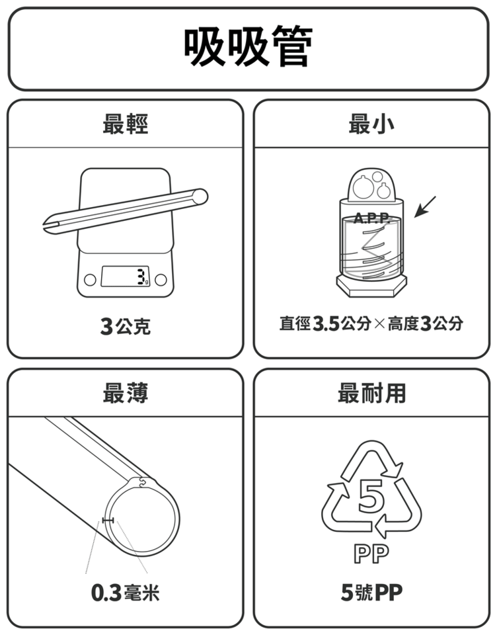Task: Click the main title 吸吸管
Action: tap(248, 46)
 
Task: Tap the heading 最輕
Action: tap(126, 124)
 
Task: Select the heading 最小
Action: tap(371, 124)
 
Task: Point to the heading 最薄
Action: tap(126, 393)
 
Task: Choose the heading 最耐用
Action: tap(371, 393)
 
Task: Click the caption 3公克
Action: tap(126, 326)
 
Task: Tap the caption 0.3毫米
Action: tap(126, 593)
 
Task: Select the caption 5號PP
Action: tap(371, 593)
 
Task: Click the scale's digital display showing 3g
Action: tap(126, 276)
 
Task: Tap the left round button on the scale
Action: tap(90, 279)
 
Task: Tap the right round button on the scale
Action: tap(161, 279)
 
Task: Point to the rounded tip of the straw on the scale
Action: tap(200, 197)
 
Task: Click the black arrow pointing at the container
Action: tap(425, 207)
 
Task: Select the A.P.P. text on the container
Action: tap(372, 218)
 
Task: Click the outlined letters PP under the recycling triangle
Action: tap(371, 554)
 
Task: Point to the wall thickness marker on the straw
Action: tap(108, 520)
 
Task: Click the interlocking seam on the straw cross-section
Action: tap(143, 482)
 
